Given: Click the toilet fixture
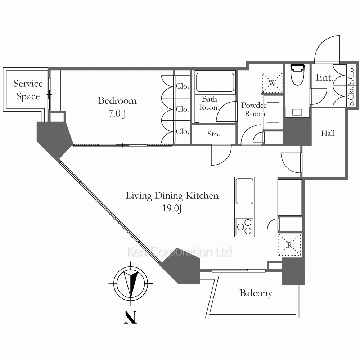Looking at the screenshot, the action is [297, 75].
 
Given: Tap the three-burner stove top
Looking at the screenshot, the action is [244, 226].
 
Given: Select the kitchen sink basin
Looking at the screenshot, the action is [244, 191].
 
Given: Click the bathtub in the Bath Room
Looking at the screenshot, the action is [215, 82].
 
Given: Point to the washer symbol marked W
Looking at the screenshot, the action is [273, 83].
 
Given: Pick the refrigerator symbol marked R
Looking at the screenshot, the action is [289, 245].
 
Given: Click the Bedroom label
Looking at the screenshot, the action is [117, 100].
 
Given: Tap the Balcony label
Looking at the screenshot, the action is [256, 293].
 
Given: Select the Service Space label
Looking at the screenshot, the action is [28, 90].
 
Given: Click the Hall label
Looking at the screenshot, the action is [328, 133].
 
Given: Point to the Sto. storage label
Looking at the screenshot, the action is [213, 134].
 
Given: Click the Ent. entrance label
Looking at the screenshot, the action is [324, 78].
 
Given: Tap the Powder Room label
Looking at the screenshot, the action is [254, 109].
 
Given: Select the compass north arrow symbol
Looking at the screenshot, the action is [131, 284].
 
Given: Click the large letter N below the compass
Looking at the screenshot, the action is [130, 317].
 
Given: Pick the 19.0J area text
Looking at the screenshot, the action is [172, 208].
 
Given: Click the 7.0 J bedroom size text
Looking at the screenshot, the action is [117, 113].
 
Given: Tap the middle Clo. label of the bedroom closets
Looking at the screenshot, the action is [183, 109].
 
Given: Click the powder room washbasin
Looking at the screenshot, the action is [273, 112].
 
